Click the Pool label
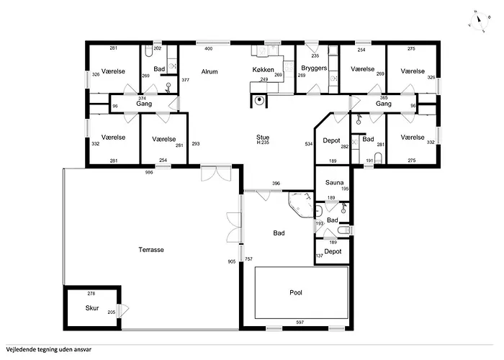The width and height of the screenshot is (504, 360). click(296, 293)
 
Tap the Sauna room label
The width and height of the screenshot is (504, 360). click(334, 183)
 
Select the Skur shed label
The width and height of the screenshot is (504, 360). click(92, 308)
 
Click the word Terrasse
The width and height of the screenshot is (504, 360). click(151, 250)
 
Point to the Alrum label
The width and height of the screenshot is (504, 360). click(210, 72)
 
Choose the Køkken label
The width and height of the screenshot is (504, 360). click(264, 69)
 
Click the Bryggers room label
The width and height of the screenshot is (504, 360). click(314, 68)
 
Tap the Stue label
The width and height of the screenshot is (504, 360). click(263, 138)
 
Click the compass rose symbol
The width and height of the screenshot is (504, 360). click(479, 21)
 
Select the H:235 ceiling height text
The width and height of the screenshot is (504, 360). click(263, 143)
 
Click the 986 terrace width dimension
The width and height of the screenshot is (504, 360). click(149, 172)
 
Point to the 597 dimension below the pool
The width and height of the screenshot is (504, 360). click(300, 322)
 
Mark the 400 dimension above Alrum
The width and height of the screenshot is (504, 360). click(208, 49)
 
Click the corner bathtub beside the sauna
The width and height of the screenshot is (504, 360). click(301, 204)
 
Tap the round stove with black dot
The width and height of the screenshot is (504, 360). click(259, 100)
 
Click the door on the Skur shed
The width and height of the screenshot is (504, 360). click(122, 310)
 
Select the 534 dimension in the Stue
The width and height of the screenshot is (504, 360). click(309, 144)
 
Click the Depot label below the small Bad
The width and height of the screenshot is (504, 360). click(333, 251)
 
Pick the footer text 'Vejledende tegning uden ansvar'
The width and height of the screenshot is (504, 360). click(48, 350)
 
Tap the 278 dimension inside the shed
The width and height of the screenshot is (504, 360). click(91, 294)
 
